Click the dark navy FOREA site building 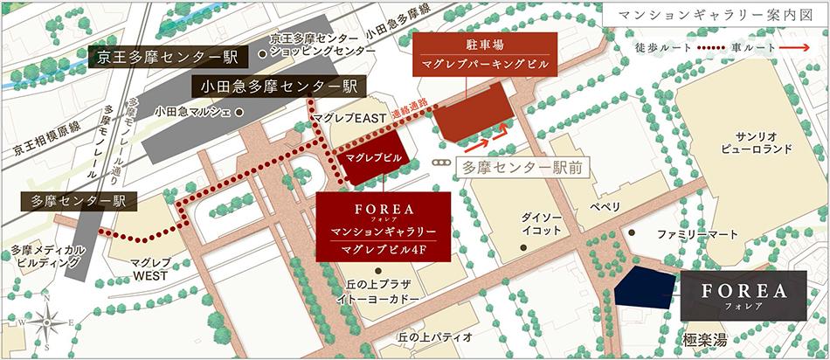(647, 288)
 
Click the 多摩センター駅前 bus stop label (523, 166)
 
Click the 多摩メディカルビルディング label (48, 257)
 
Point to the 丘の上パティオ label (435, 336)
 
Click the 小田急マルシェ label (191, 111)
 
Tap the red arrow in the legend (792, 47)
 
